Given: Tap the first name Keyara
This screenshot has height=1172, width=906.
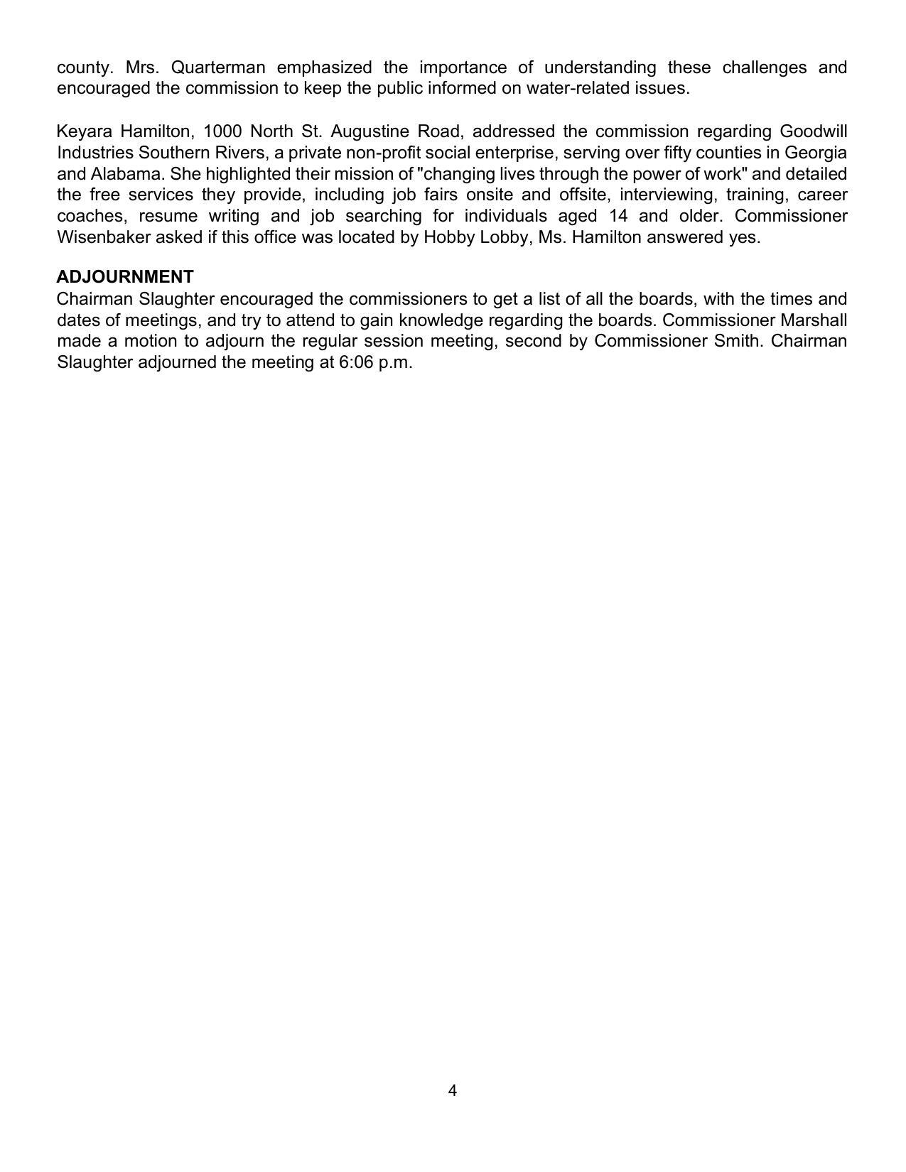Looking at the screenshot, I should click(85, 131).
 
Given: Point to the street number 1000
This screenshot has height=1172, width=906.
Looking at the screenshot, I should click(223, 131).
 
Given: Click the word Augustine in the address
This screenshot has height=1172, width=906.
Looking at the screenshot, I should click(370, 131).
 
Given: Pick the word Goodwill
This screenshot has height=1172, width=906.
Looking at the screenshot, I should click(813, 131).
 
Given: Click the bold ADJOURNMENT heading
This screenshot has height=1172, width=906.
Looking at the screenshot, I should click(124, 276).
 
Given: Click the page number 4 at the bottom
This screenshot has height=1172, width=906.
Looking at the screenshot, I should click(453, 1090).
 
